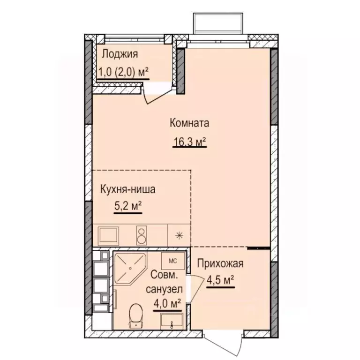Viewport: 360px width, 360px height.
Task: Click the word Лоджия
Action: [120, 54]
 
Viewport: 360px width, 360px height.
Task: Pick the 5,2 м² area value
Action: [127, 206]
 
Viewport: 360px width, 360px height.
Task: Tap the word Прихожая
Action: [220, 263]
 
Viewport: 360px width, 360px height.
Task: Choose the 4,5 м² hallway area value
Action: [220, 281]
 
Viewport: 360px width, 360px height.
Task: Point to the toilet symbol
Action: [135, 315]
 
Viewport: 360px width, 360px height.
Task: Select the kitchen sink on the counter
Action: [109, 235]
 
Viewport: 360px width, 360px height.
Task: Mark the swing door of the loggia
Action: [155, 96]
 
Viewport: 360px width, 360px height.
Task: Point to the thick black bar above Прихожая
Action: [259, 247]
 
